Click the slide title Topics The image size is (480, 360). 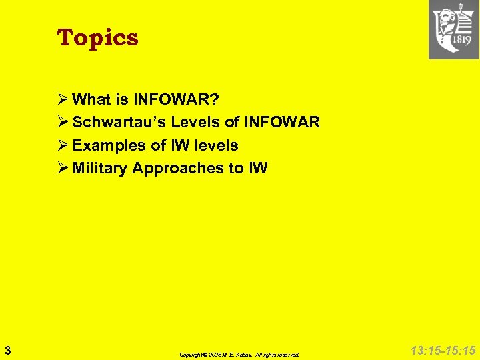[x=98, y=37]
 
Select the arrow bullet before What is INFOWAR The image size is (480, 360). [x=63, y=100]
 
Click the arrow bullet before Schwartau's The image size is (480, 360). [x=63, y=123]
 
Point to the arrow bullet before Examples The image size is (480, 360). [x=63, y=145]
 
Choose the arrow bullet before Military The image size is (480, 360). [x=63, y=168]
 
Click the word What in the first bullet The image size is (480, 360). [x=90, y=100]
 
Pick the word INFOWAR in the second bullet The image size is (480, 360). [x=282, y=123]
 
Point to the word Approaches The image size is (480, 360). [x=178, y=168]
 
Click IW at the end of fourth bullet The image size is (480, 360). [x=257, y=168]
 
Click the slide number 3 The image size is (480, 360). [x=7, y=349]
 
